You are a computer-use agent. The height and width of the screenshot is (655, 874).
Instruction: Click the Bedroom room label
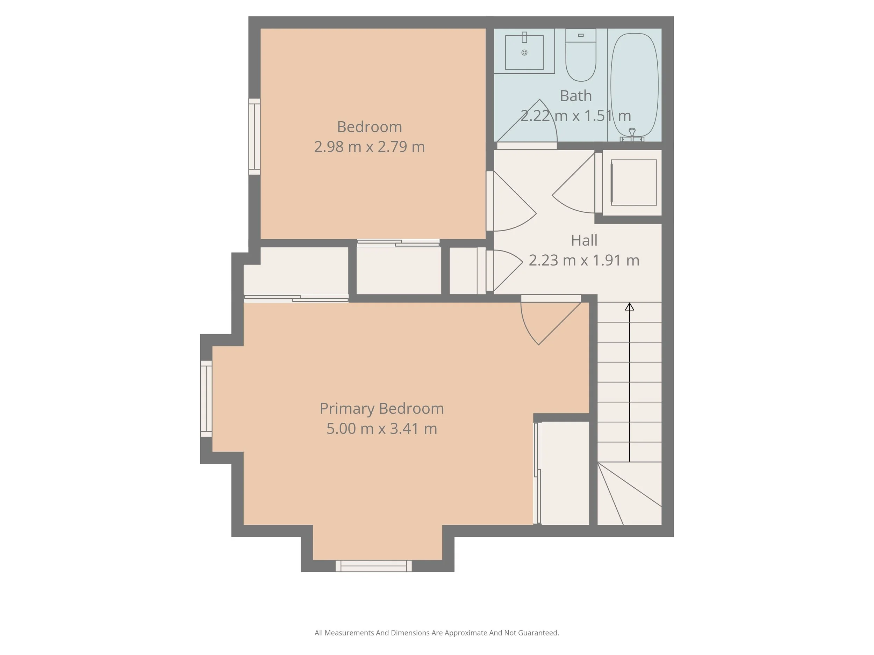tap(370, 127)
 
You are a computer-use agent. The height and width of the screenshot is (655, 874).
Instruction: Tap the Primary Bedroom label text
tap(382, 409)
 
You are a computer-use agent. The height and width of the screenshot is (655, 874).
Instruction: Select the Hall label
tap(584, 240)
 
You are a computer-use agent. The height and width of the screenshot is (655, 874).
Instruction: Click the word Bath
tap(576, 96)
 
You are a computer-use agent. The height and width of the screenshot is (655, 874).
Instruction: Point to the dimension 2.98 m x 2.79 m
tap(370, 147)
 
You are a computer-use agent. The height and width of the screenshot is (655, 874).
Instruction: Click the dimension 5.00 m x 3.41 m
tap(382, 429)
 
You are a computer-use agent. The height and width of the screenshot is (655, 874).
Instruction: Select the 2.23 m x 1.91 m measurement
tap(584, 261)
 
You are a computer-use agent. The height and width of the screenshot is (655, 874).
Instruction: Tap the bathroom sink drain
tap(524, 52)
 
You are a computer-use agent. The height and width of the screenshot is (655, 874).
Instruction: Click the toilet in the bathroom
tap(580, 59)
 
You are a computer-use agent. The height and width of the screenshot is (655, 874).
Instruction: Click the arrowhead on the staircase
tap(629, 306)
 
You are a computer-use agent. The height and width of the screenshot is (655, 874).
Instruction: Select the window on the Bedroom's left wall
tap(255, 136)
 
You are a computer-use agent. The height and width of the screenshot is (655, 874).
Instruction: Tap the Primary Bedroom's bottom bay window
tap(373, 566)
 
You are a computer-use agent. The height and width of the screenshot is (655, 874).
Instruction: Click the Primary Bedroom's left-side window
tap(206, 398)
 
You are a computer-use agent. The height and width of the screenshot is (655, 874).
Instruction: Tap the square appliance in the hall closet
tap(634, 182)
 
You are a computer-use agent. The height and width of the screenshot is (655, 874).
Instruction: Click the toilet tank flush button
tap(580, 35)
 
